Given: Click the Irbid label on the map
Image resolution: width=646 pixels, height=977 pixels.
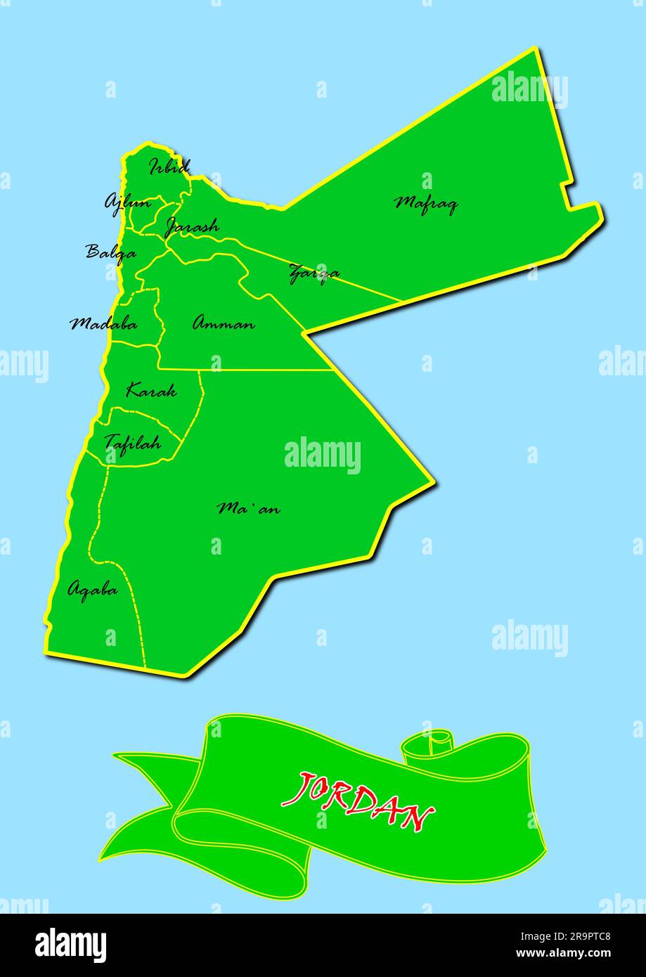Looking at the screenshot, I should coord(169,167).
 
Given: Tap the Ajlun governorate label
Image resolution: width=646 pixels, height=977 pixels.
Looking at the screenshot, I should coord(127,202).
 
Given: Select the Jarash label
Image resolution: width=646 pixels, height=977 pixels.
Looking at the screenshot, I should coord(191,226).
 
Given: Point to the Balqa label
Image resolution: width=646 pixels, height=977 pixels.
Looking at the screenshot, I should coord(111,252).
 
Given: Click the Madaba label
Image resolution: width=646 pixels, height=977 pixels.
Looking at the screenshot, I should coord(103,324).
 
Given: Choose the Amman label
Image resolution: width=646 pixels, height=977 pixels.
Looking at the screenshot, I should coord(224,324).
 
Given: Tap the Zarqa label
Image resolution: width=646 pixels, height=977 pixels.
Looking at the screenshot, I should coord(314,273).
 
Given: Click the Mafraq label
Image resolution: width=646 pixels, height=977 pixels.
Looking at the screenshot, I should coord(426,204).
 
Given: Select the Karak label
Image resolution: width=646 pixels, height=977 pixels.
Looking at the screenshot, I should coord(150,391).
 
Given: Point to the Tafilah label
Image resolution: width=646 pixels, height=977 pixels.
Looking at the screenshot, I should coord(132,443).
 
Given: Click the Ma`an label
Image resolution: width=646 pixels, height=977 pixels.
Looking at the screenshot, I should coord(248,507).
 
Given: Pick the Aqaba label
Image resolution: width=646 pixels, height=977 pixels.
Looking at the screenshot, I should coord(92,590).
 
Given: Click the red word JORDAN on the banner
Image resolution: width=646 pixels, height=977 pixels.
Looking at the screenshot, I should coord(357,802).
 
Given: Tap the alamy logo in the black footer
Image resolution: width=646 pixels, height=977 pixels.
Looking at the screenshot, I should coord(70,945).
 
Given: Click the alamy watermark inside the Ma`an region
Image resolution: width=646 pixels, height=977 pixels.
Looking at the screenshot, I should coord(323,455).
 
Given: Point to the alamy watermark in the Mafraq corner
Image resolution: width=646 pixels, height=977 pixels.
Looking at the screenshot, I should coord(529,90).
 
